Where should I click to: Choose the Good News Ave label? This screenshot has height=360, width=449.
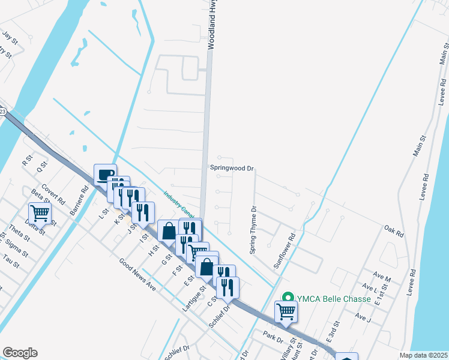pyautogui.click(x=137, y=275)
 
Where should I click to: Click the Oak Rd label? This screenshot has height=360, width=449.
pyautogui.click(x=393, y=229)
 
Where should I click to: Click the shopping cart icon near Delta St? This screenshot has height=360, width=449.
pyautogui.click(x=40, y=212)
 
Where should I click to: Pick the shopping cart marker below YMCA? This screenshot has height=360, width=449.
pyautogui.click(x=286, y=311)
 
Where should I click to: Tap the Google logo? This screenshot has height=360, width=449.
pyautogui.click(x=20, y=353)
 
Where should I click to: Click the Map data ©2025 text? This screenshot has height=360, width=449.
pyautogui.click(x=424, y=355)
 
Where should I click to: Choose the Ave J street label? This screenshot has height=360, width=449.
pyautogui.click(x=364, y=316)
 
